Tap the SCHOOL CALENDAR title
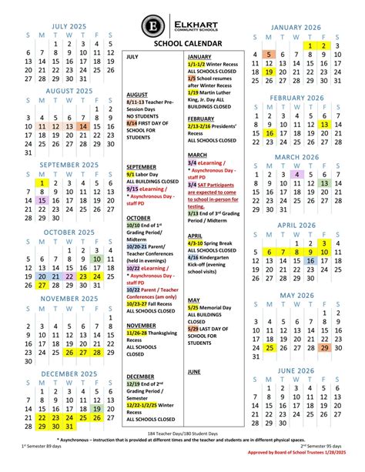tap(182, 45)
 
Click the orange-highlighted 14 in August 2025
tap(83, 126)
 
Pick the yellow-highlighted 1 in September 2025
tap(42, 183)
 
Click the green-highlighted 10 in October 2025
tap(97, 259)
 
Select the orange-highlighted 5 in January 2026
tap(267, 54)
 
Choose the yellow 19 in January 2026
tap(267, 72)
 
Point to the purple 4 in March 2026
tap(296, 174)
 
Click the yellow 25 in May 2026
tap(267, 347)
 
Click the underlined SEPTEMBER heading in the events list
tap(142, 166)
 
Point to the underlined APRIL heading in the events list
tap(195, 236)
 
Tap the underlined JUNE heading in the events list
tap(194, 371)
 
